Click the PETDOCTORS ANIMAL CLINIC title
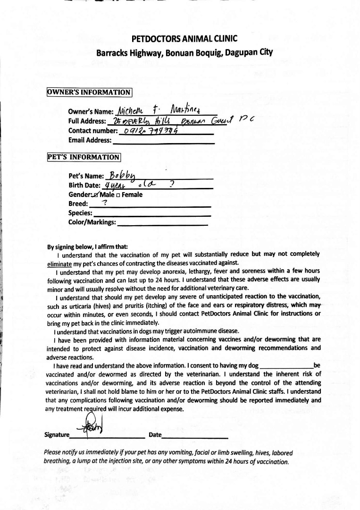(x=184, y=39)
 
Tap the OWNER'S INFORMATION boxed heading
(x=89, y=92)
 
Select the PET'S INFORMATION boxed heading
(x=84, y=157)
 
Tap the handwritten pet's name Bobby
(x=123, y=175)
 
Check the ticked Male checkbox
(x=96, y=195)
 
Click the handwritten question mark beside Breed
(x=105, y=203)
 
